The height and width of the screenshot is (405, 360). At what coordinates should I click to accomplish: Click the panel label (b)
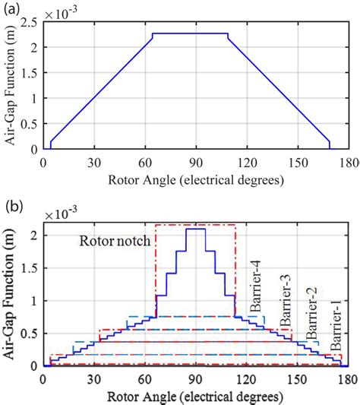coord(13,206)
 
